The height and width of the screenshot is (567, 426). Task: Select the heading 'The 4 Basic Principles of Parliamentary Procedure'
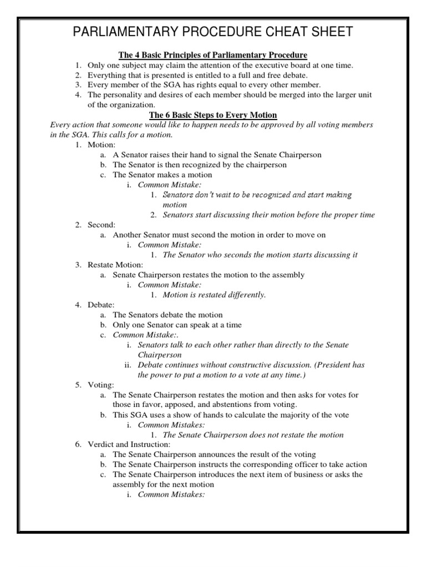[x=213, y=55]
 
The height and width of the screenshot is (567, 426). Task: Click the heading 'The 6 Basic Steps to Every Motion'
[x=214, y=115]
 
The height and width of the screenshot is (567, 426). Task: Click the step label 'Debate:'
[x=101, y=305]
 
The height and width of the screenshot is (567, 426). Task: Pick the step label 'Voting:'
[x=101, y=384]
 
